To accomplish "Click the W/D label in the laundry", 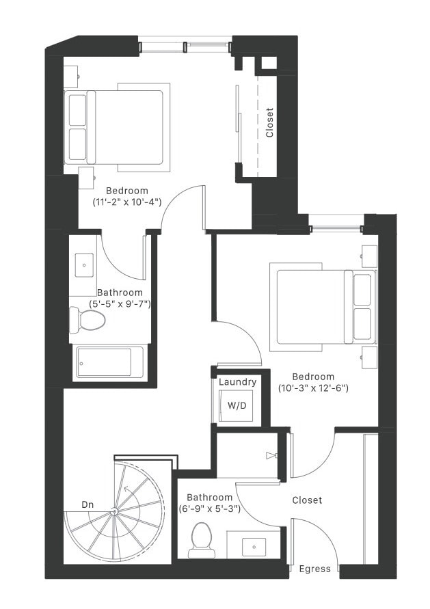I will [237, 405].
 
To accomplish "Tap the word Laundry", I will [237, 382].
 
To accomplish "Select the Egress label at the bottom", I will [314, 569].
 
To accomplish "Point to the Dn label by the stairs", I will [88, 504].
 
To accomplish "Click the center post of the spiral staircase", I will [114, 511].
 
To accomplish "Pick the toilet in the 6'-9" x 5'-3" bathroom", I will [202, 538].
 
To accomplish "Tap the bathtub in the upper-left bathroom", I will [109, 362].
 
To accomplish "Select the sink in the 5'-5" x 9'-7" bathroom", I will [83, 262].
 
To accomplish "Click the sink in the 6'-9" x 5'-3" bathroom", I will [254, 546].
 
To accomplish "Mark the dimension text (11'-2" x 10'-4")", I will [126, 202].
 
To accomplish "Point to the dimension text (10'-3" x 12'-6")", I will [313, 388].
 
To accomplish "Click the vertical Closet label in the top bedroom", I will [269, 123].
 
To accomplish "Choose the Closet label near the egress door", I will [307, 500].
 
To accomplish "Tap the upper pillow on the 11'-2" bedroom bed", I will [77, 109].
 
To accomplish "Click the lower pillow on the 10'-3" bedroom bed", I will [362, 325].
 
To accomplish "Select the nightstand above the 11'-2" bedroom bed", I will [71, 77].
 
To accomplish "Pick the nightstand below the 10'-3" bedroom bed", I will [369, 357].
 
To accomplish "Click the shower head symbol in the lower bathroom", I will [271, 455].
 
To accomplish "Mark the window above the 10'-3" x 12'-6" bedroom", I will [335, 221].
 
